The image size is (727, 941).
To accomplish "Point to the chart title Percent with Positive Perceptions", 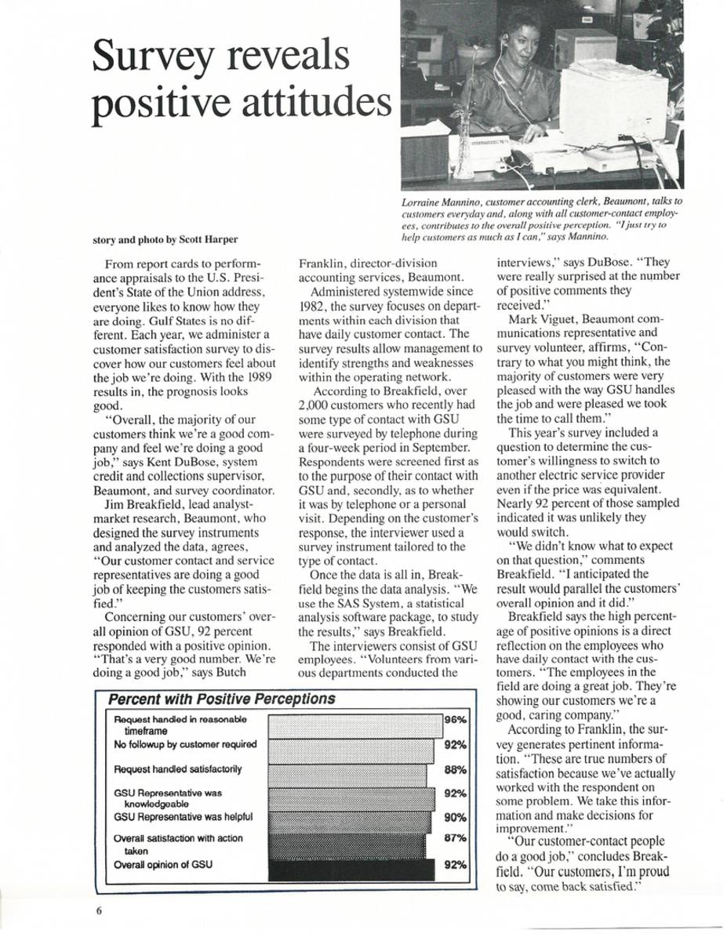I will (221, 699).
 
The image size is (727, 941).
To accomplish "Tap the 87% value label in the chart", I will (456, 837).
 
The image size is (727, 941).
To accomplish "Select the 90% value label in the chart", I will (456, 816).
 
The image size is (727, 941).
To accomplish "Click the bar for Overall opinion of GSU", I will (351, 870).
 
